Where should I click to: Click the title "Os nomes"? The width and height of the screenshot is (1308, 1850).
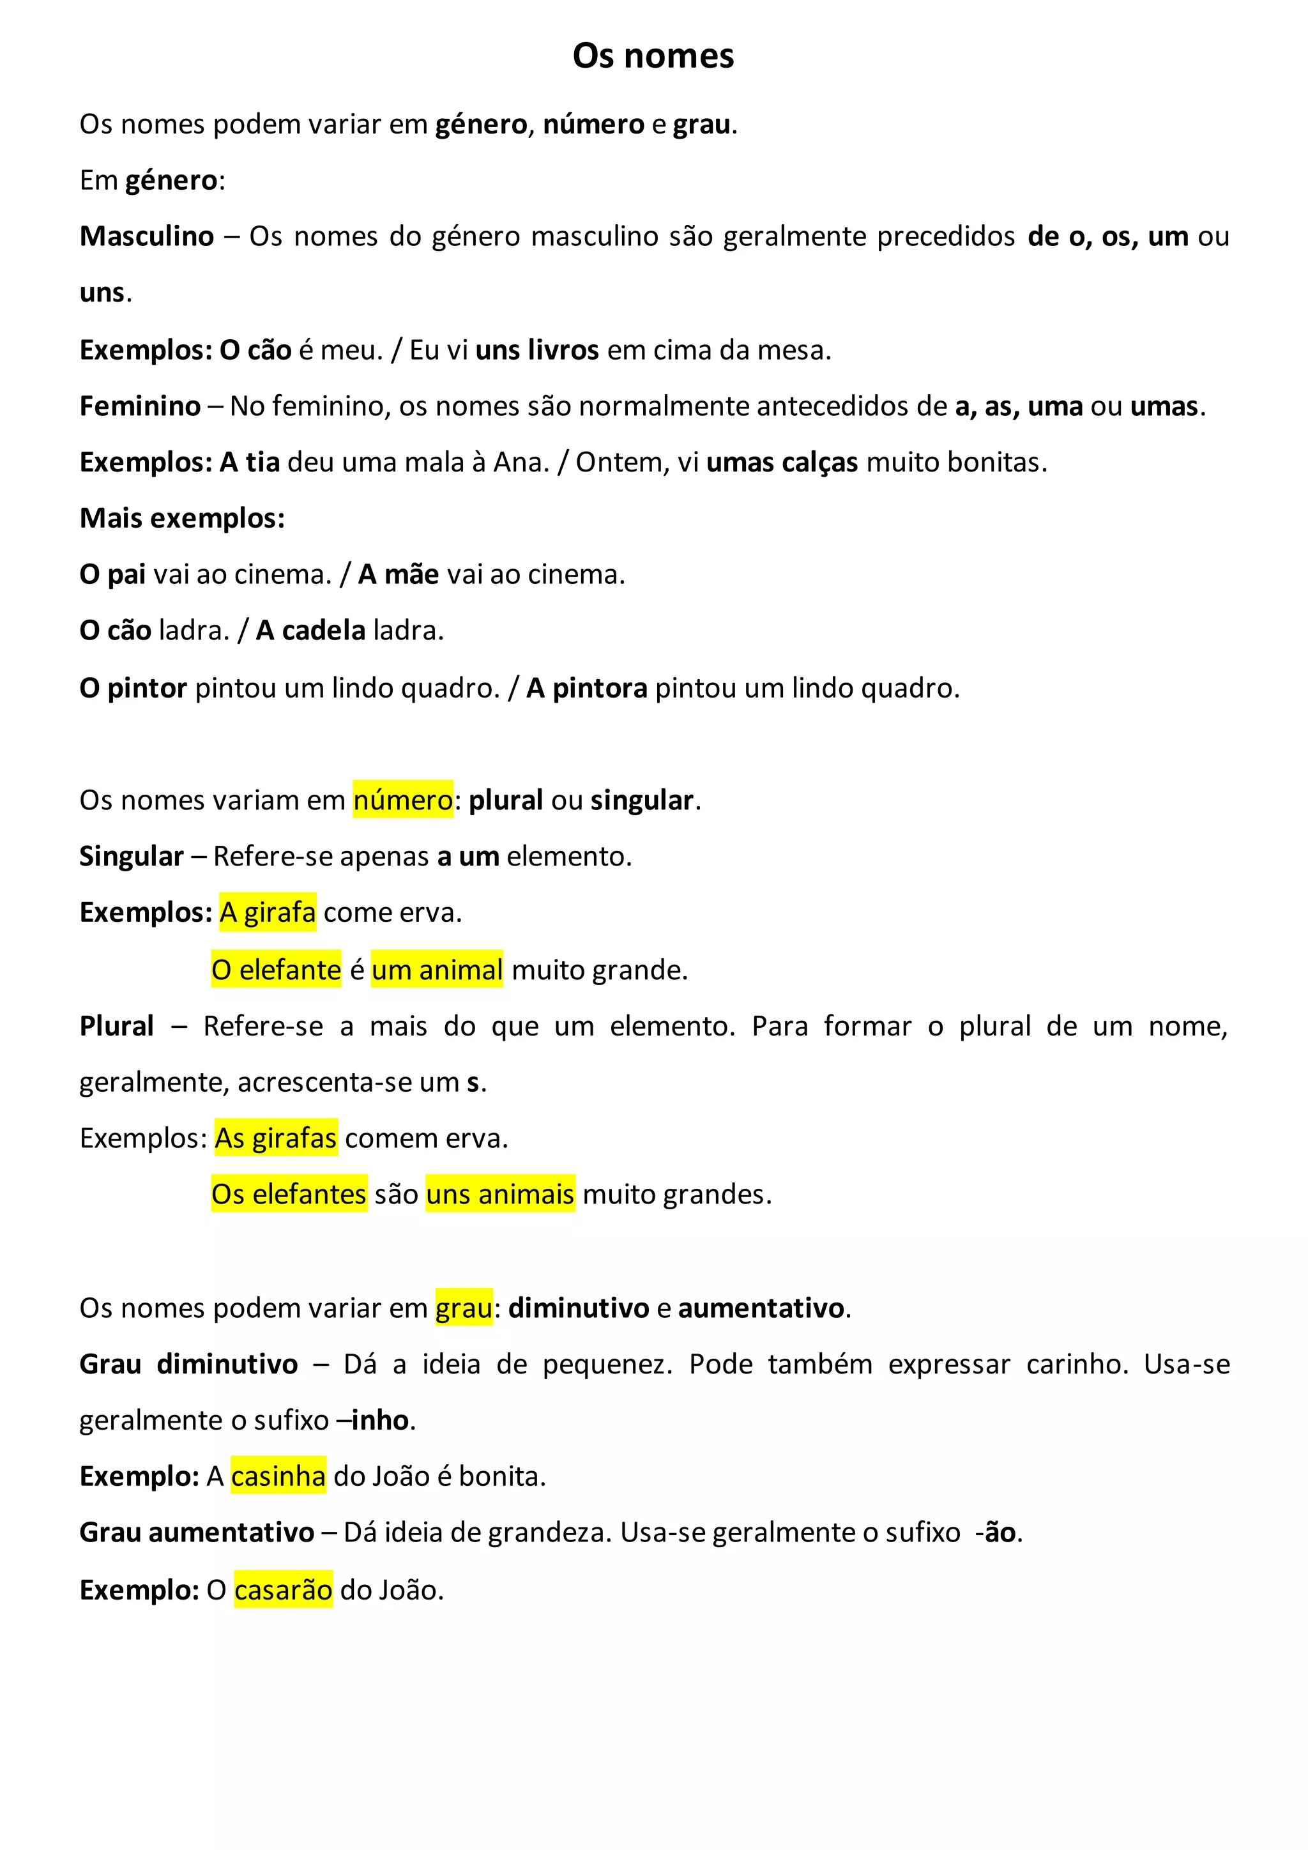tap(653, 56)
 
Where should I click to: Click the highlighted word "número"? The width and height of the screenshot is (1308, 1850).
tap(403, 800)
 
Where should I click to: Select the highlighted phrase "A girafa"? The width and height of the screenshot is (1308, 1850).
tap(268, 912)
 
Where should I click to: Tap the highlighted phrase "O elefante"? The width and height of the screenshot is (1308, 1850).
tap(277, 969)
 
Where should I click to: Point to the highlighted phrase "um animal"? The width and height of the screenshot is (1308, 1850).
tap(437, 969)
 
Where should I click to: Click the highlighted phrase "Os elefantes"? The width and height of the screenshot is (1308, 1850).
tap(289, 1193)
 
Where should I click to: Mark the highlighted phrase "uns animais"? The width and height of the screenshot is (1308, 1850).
tap(500, 1193)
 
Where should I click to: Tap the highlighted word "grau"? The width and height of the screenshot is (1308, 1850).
tap(464, 1307)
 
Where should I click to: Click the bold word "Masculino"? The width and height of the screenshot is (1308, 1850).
tap(147, 236)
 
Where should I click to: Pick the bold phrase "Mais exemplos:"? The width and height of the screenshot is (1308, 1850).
tap(182, 518)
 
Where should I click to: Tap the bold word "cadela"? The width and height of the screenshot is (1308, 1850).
tap(324, 630)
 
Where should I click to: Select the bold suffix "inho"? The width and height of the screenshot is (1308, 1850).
tap(380, 1419)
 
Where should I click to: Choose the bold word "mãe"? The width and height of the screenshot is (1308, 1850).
tap(411, 574)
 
